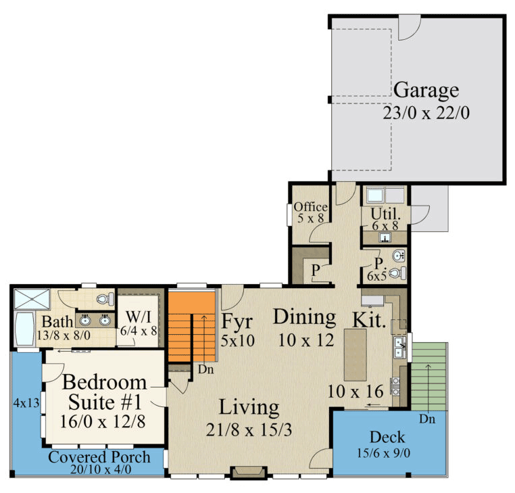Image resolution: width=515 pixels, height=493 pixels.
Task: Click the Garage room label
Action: [x=426, y=90]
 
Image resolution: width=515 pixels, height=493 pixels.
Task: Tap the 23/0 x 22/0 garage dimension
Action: [x=426, y=112]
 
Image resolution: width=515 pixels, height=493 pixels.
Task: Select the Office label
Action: [x=310, y=207]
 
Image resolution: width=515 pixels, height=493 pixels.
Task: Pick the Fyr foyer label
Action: [x=237, y=321]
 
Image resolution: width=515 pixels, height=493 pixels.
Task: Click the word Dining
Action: [x=304, y=316]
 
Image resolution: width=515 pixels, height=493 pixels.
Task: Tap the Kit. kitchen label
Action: [x=369, y=320]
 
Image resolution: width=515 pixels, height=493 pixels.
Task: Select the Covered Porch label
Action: [x=99, y=456]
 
